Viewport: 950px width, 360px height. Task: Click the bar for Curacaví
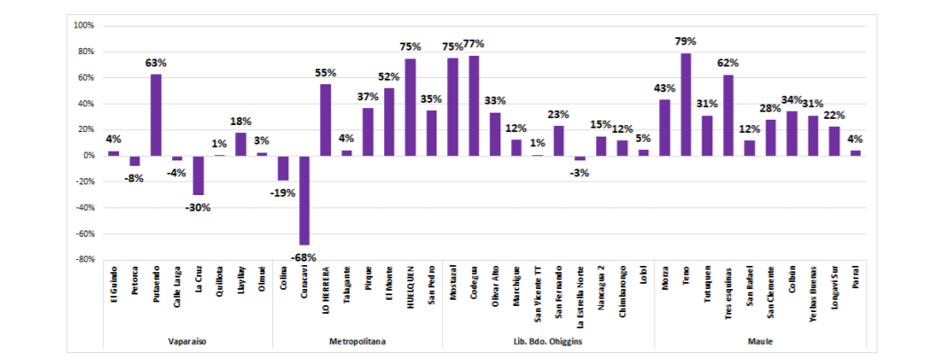point(304,200)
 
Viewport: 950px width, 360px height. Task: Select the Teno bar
point(686,105)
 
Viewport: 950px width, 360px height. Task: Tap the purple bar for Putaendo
point(156,114)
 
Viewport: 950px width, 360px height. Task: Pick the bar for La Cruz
point(199,175)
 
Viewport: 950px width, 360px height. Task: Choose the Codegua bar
point(474,106)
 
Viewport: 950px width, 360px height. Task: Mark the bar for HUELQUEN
point(410,107)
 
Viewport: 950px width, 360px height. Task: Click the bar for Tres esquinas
point(728,115)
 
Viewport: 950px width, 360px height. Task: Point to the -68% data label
point(303,257)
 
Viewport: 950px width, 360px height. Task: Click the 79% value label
point(686,42)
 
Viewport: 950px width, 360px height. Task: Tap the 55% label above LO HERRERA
point(326,73)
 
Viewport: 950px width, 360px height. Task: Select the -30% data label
point(199,207)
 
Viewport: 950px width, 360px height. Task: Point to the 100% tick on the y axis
point(82,25)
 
